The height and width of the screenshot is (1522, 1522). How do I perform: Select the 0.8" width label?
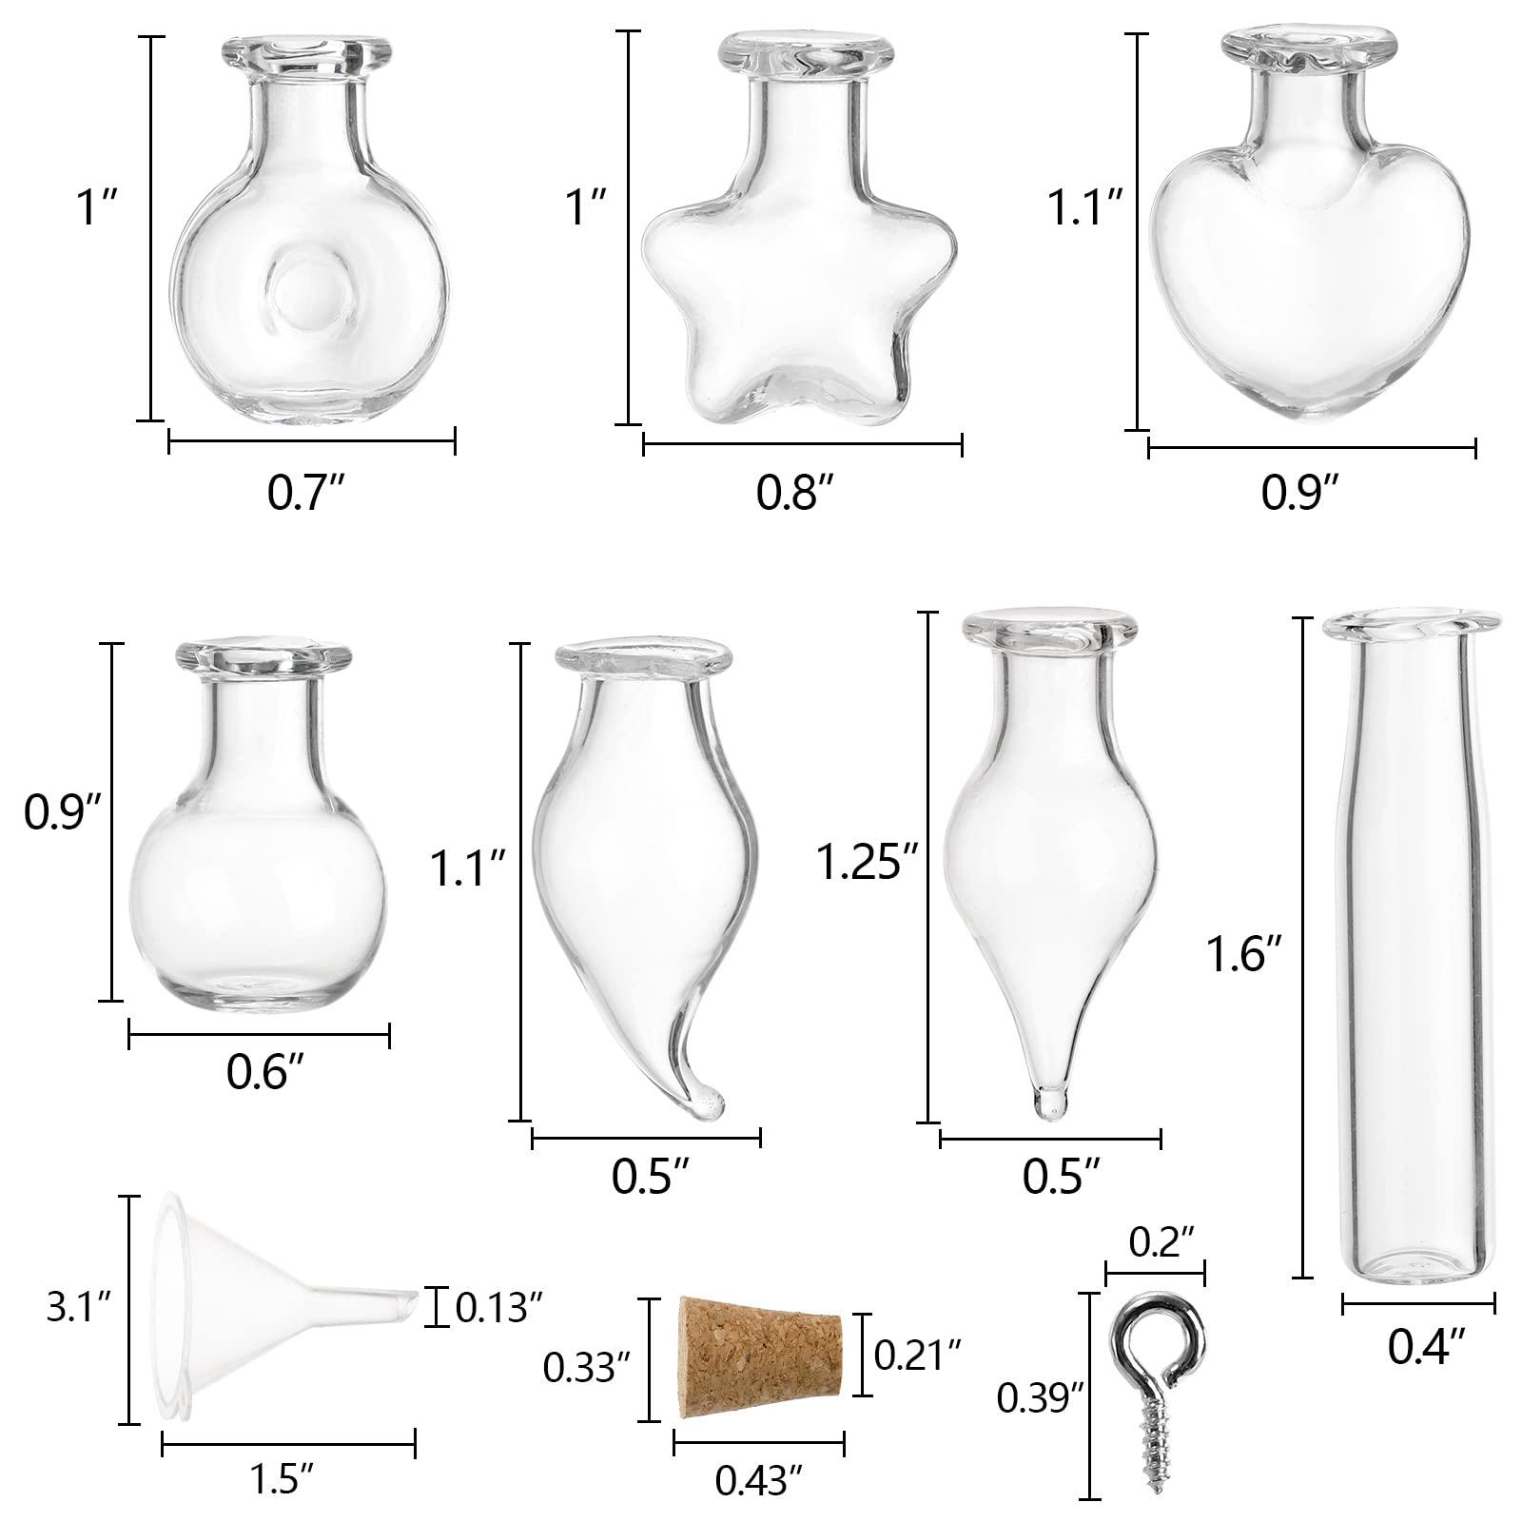[795, 494]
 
